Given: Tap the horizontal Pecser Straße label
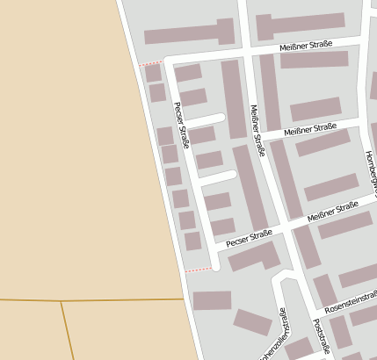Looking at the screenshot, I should (250, 238).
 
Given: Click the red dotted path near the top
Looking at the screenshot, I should (151, 62).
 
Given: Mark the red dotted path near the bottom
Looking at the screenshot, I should (199, 270).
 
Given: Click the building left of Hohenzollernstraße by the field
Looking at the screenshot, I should (212, 300).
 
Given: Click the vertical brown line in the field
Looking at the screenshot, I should (65, 329).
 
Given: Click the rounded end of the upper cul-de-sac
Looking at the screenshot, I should (221, 116).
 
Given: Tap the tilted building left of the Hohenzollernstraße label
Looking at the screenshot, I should (252, 323).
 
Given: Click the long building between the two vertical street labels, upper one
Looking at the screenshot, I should (233, 97).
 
